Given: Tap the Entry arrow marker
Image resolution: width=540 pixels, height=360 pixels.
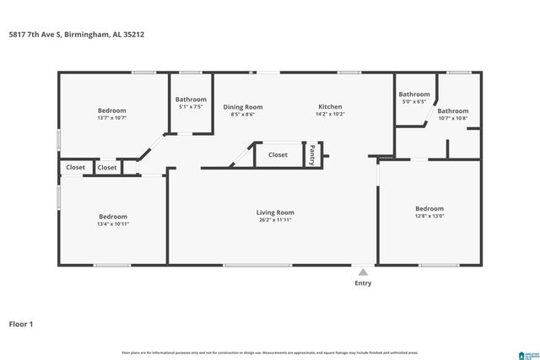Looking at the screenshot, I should [x=363, y=272].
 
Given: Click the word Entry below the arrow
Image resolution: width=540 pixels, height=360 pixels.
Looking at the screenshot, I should [x=363, y=284].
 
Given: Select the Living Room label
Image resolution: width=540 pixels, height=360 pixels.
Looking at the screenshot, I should [x=275, y=212].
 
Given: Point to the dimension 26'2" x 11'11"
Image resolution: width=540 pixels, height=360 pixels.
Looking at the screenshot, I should [x=275, y=220].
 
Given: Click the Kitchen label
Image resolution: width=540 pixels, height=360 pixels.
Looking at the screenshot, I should [x=330, y=107].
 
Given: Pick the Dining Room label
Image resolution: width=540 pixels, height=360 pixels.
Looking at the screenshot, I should [x=243, y=107].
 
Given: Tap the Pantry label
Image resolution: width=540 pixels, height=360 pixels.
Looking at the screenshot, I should [x=312, y=155].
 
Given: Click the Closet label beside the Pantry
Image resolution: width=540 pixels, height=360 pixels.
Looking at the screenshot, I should [x=278, y=155].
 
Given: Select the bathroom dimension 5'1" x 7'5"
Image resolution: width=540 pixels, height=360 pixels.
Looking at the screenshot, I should [x=191, y=107].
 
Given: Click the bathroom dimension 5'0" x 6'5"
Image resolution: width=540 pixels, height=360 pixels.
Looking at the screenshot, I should [x=414, y=102].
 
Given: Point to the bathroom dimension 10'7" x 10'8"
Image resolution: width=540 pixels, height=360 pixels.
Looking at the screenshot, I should [x=452, y=119].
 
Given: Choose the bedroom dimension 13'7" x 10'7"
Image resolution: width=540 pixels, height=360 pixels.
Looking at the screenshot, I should [x=111, y=119].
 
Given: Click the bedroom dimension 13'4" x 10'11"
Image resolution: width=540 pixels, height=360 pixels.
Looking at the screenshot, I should [x=112, y=224].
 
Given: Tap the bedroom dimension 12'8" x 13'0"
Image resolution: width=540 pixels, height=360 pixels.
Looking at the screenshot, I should [x=429, y=217].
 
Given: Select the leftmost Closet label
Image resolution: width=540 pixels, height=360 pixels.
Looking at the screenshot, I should [x=76, y=168].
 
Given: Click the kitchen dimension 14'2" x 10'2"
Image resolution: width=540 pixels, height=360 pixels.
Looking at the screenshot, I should [x=330, y=115].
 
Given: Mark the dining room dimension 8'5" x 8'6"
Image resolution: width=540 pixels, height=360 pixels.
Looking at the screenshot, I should [x=243, y=115].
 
